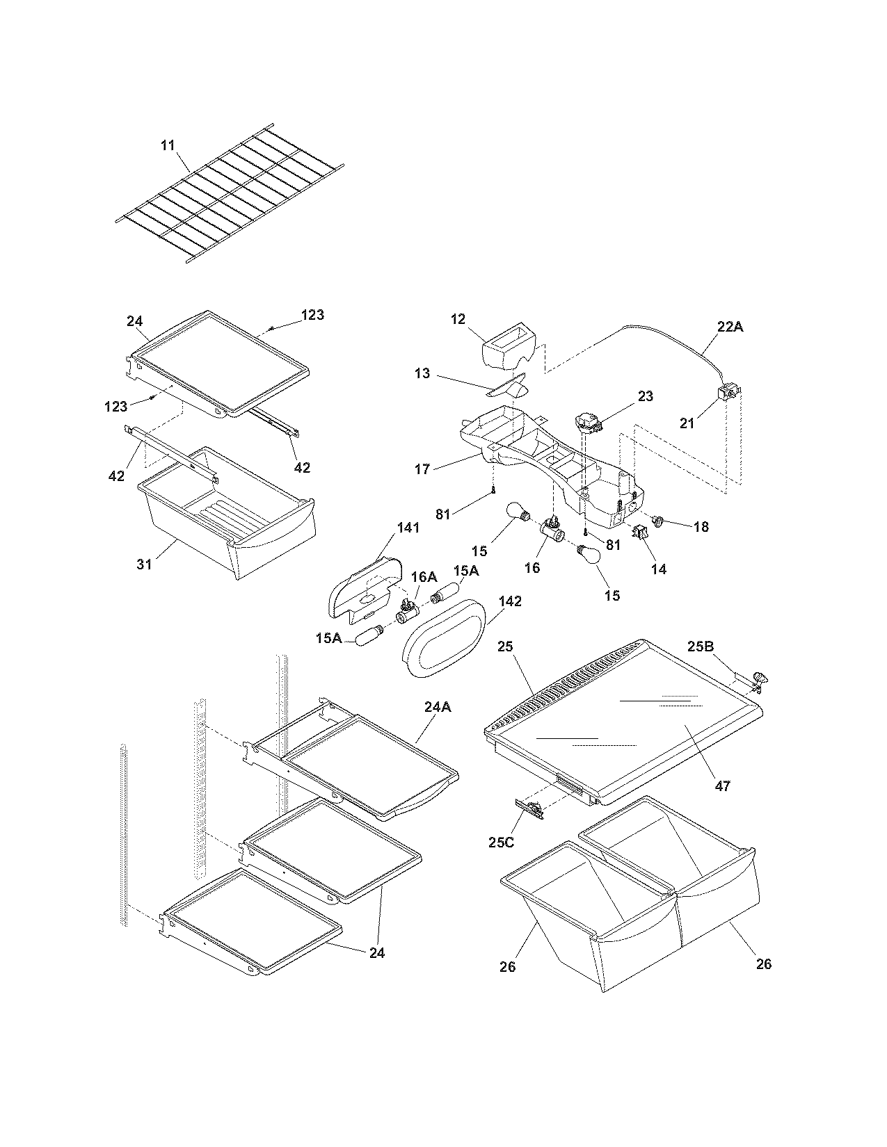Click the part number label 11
[168, 145]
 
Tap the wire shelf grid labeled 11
[230, 195]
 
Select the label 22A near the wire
[730, 326]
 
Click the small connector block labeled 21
[728, 396]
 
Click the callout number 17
[422, 469]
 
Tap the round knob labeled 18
[660, 519]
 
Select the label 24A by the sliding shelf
[437, 707]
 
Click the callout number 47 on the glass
[723, 786]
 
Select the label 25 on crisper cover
[505, 646]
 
